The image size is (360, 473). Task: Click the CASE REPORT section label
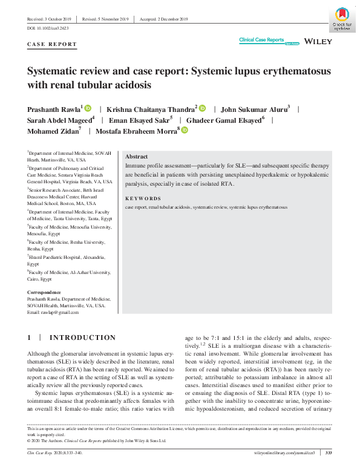coord(52,44)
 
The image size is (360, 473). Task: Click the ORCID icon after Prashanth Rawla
coord(88,109)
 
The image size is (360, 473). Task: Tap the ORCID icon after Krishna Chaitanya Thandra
coord(202,109)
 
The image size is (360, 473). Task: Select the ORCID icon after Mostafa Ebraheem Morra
coord(185,131)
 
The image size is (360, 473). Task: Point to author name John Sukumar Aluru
coord(255,109)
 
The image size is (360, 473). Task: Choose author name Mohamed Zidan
coord(54,131)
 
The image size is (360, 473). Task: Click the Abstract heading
coord(136,156)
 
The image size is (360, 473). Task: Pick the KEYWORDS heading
coord(143,198)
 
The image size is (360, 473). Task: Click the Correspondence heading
coord(45,292)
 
